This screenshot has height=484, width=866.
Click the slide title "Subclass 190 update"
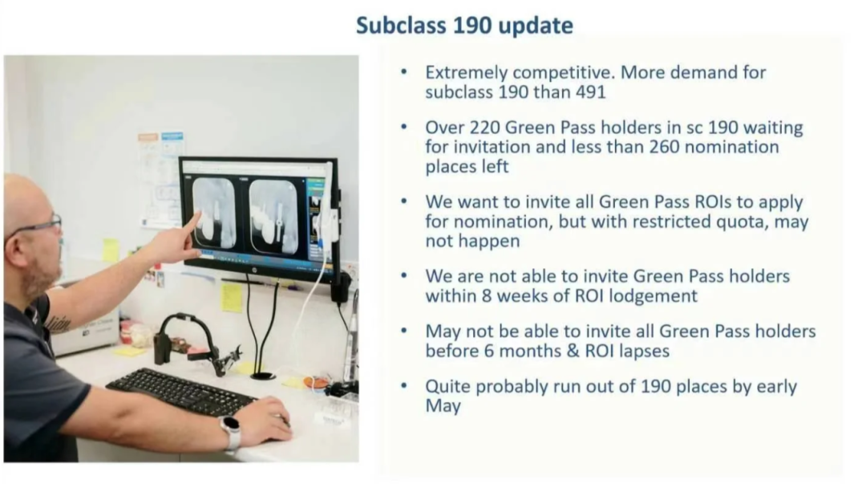(x=464, y=26)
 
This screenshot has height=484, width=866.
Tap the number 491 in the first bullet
(x=591, y=92)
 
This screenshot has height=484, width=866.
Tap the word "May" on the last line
(x=443, y=407)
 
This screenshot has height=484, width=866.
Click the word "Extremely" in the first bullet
(x=466, y=73)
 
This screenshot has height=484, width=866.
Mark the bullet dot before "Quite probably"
(x=404, y=385)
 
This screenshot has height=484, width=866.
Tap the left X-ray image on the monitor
(x=214, y=213)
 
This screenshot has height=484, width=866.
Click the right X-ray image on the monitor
(x=273, y=217)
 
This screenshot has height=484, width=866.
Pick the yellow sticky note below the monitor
(x=232, y=298)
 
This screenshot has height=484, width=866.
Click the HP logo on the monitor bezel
(x=254, y=270)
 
